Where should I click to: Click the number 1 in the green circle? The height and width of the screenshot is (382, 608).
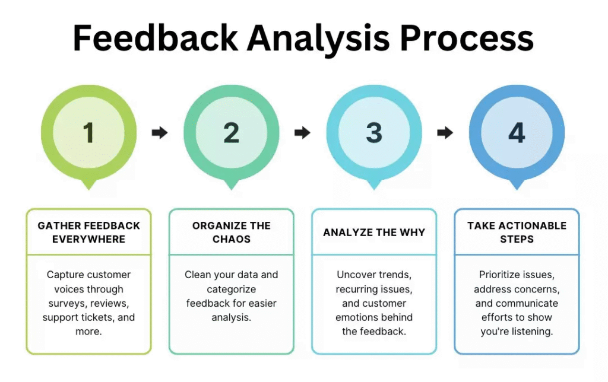(x=88, y=132)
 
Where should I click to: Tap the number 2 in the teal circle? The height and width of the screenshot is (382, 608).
(x=231, y=132)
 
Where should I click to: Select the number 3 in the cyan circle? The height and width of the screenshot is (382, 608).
(x=374, y=132)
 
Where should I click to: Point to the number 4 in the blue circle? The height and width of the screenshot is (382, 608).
(x=517, y=132)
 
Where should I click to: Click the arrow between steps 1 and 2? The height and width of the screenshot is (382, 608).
(x=160, y=132)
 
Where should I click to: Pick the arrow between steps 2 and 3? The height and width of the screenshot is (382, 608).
(x=302, y=132)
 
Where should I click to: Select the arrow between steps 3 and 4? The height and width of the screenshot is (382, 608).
(x=445, y=132)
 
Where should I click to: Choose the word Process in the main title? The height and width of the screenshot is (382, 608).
(x=467, y=39)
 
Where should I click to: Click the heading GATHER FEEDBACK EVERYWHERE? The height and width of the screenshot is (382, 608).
(x=88, y=233)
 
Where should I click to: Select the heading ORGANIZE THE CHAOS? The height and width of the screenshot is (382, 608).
(x=231, y=233)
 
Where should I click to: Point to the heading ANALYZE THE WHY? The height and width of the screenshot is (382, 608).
(x=374, y=233)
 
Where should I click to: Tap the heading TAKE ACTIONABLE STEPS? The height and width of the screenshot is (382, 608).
(x=517, y=233)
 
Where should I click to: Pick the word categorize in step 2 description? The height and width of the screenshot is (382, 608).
(x=231, y=289)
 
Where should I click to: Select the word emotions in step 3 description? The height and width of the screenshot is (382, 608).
(x=359, y=317)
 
